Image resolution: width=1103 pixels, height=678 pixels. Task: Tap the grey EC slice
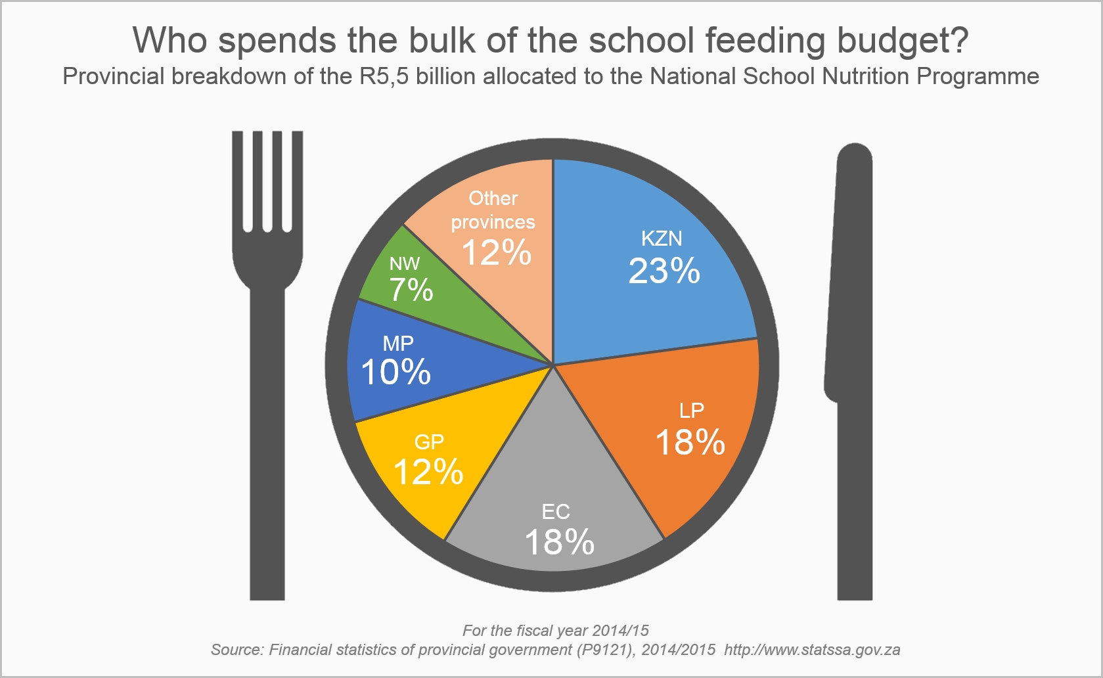555,480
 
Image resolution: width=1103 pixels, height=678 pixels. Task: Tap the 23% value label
664,271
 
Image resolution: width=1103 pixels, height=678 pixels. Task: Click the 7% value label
411,290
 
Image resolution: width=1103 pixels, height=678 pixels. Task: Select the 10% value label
396,372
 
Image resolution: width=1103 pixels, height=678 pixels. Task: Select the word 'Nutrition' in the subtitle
867,77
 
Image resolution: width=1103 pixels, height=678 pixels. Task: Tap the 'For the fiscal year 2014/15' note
555,631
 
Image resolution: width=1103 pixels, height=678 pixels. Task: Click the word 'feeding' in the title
765,40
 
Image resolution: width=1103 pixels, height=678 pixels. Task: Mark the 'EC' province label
556,512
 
